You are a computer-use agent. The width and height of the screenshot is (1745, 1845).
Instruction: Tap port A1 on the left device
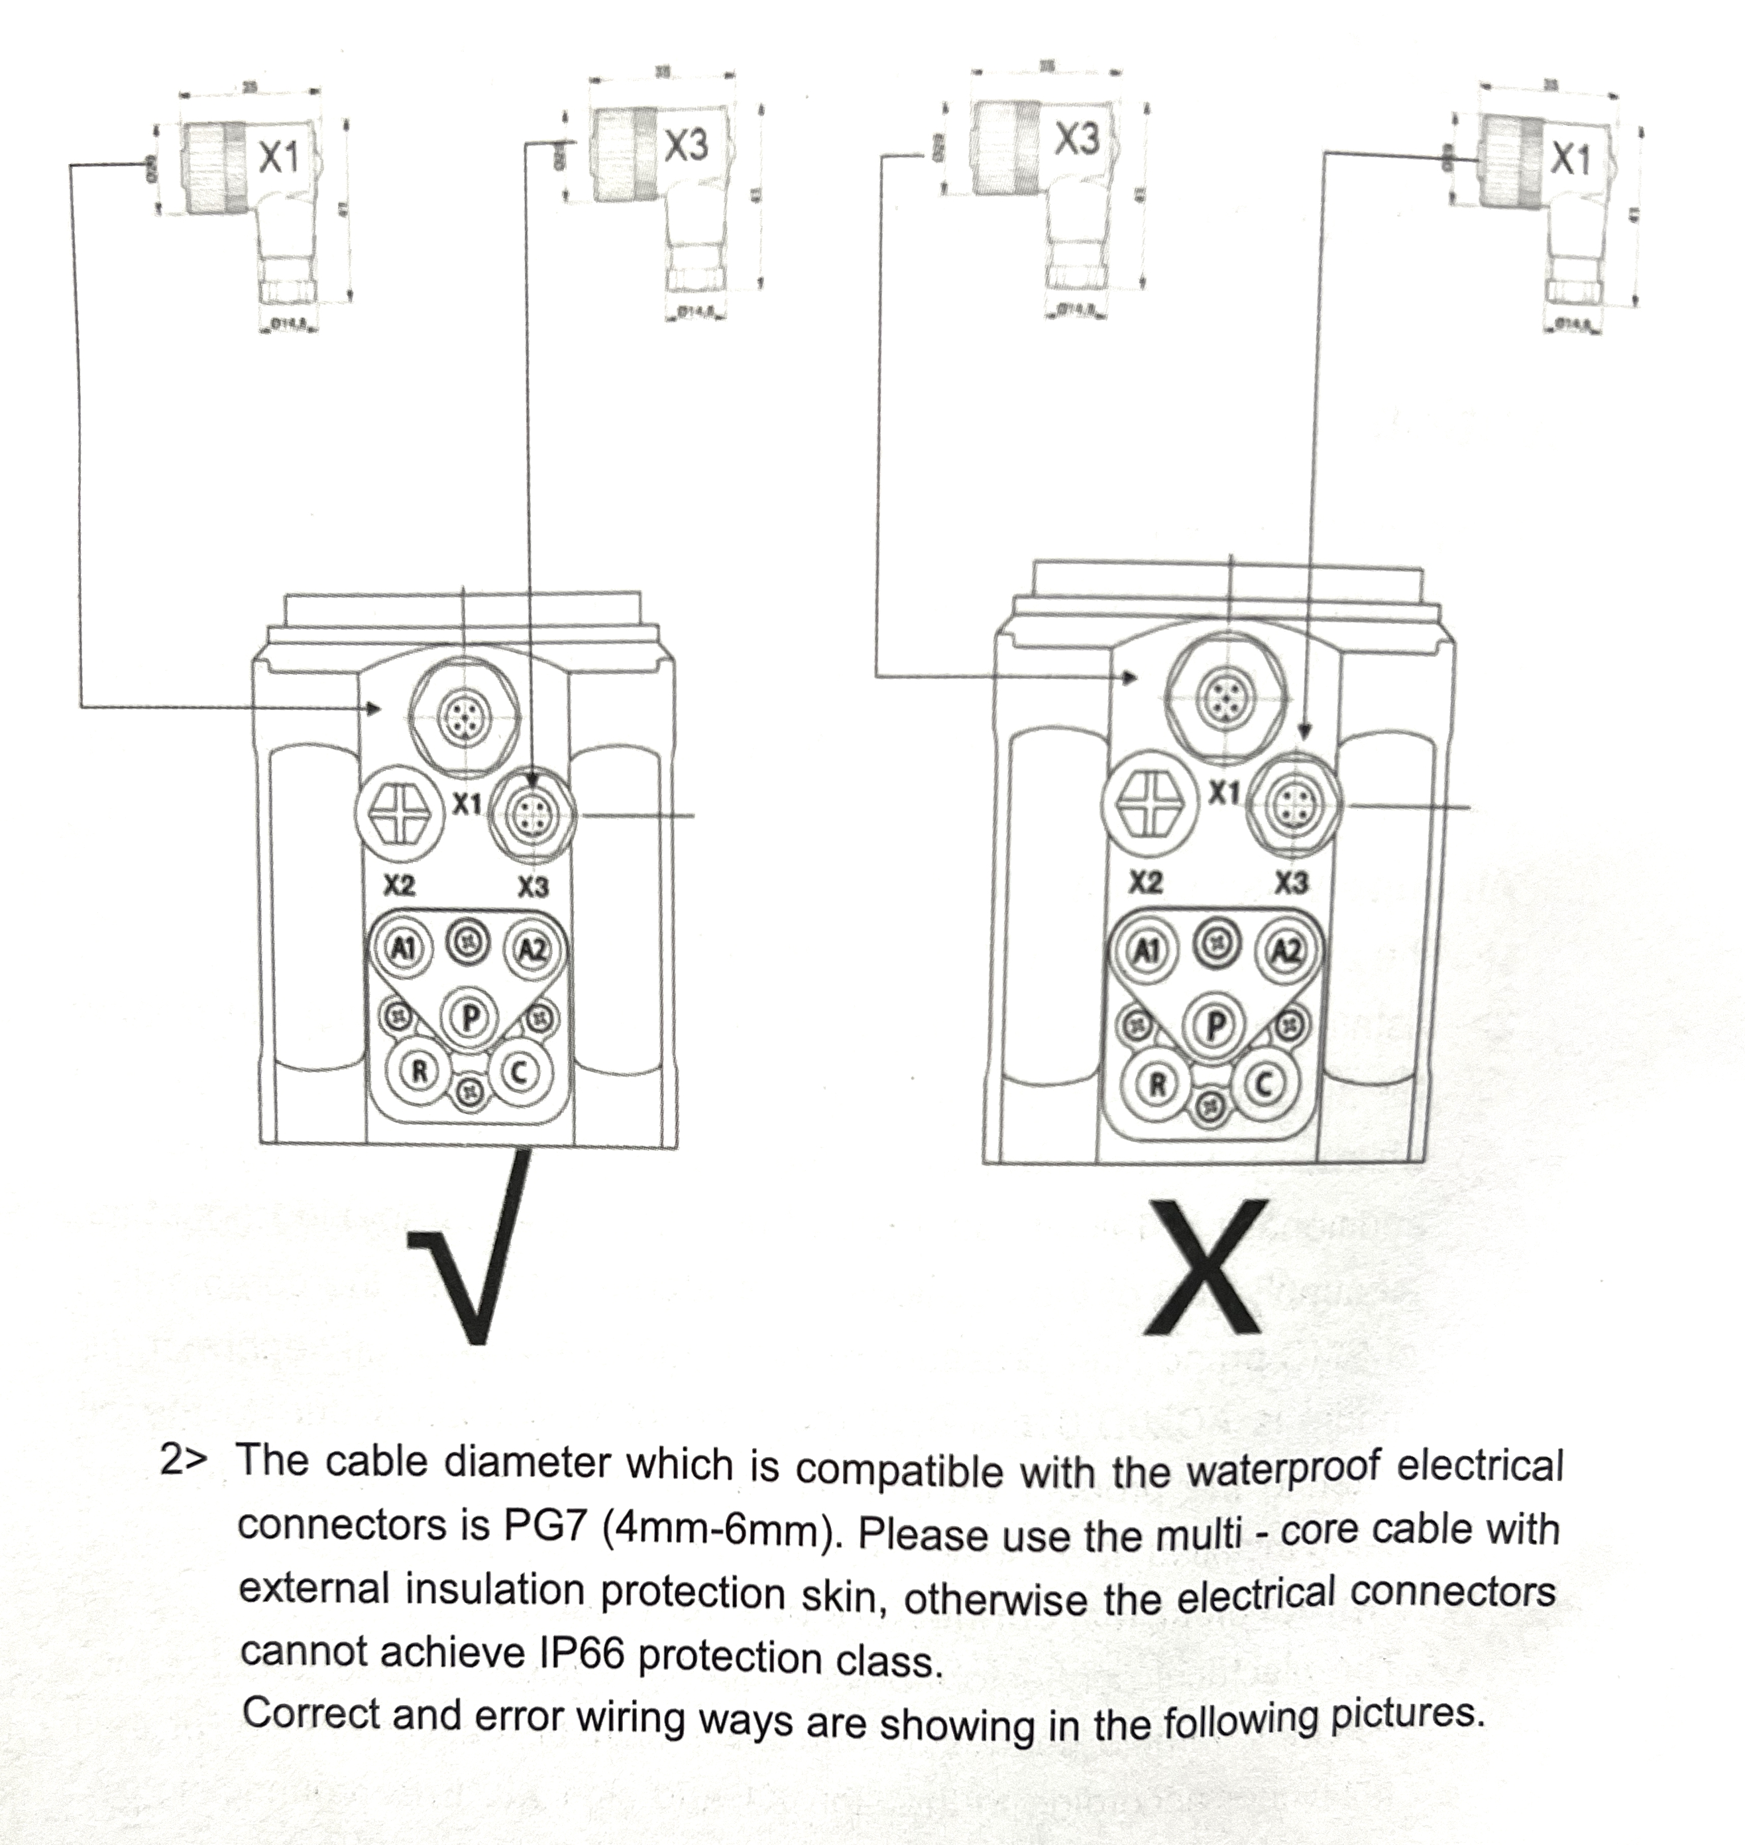click(x=403, y=948)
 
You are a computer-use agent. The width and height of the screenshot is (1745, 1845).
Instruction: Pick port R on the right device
click(x=1158, y=1083)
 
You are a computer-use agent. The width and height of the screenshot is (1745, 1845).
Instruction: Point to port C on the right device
click(x=1263, y=1084)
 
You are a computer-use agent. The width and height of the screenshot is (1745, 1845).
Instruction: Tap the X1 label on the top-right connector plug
click(x=1571, y=159)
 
